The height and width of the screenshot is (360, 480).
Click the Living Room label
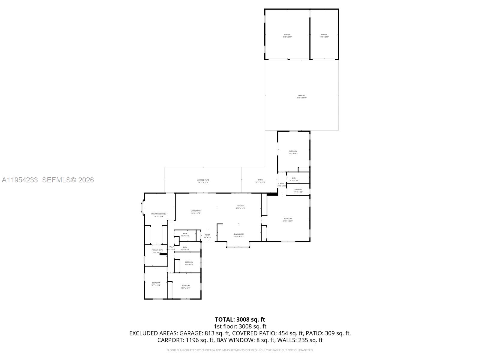point(196,212)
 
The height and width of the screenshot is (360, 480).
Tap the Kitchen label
point(241,207)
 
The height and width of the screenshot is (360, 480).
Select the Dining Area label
point(239,235)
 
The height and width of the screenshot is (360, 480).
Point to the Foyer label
point(208,236)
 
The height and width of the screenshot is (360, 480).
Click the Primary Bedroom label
point(159,215)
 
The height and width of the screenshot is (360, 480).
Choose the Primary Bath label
point(157,251)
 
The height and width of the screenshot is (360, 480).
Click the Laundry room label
point(298,190)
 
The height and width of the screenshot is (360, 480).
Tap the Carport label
point(301,96)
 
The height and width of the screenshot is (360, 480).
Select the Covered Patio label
point(203,181)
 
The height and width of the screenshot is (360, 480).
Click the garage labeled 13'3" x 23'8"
point(324,35)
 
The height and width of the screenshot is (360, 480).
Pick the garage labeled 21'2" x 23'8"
point(287,35)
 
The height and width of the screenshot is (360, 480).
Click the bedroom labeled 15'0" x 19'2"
point(293,152)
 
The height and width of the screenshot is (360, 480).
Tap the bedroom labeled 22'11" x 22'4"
point(287,220)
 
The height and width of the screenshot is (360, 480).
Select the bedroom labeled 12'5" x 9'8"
point(189,263)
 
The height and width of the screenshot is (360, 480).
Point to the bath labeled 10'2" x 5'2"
point(185,234)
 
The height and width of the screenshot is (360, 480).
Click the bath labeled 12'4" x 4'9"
point(185,248)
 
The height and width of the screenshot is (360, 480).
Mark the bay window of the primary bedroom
point(142,207)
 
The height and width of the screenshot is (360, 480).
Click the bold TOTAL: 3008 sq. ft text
point(240,319)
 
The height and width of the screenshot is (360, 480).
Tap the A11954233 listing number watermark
point(20,180)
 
